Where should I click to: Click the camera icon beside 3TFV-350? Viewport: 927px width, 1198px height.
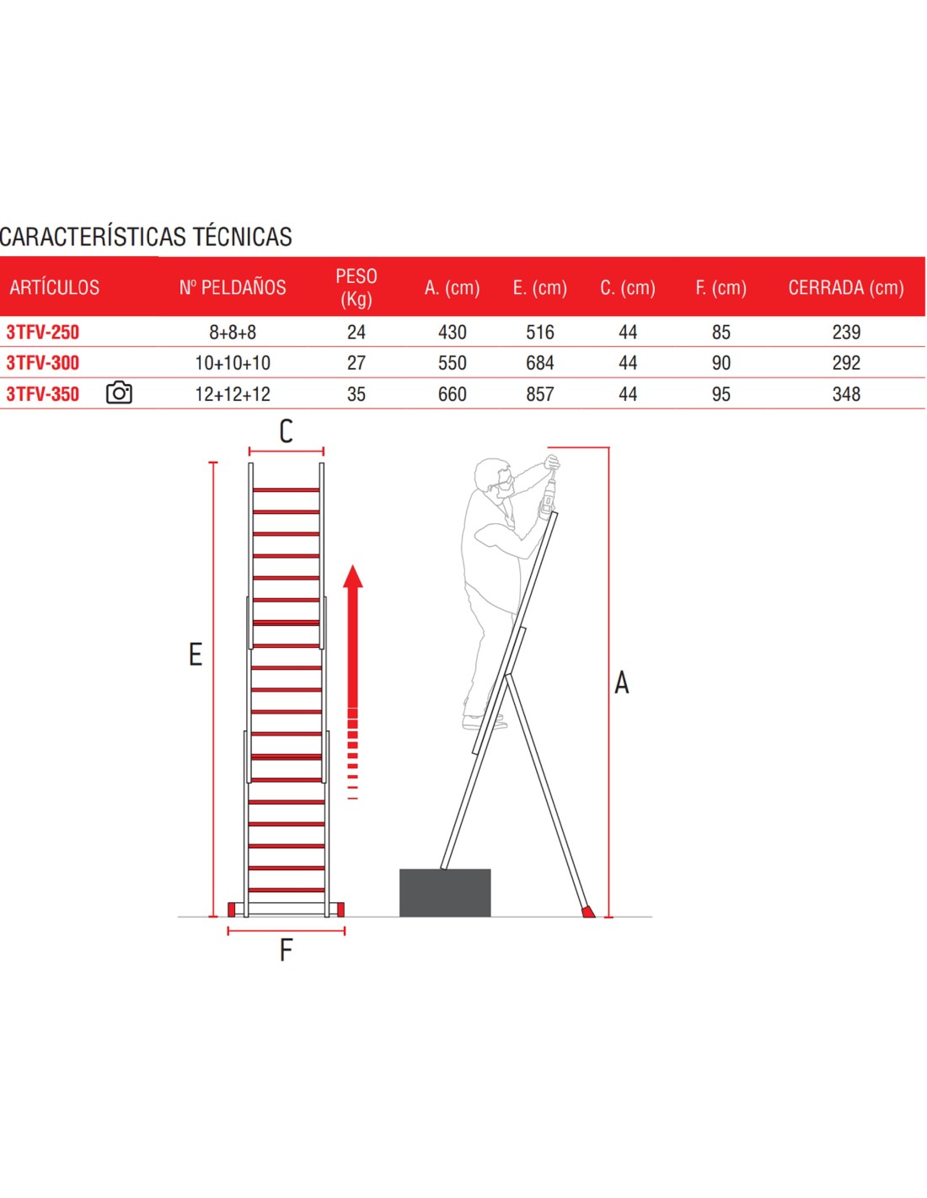click(x=119, y=393)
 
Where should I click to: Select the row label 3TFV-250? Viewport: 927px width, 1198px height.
click(x=43, y=332)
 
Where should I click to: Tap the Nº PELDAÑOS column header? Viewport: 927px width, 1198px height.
click(x=233, y=287)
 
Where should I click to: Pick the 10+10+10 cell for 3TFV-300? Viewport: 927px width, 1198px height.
click(x=233, y=363)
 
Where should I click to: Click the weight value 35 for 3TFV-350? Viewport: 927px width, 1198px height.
click(x=356, y=394)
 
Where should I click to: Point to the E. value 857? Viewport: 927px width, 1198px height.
click(x=540, y=394)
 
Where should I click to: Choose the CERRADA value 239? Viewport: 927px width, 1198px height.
click(x=846, y=332)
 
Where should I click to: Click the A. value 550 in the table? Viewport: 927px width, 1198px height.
click(x=453, y=363)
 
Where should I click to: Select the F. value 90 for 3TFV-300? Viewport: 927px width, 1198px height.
click(x=721, y=363)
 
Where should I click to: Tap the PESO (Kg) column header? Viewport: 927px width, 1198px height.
click(x=356, y=287)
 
